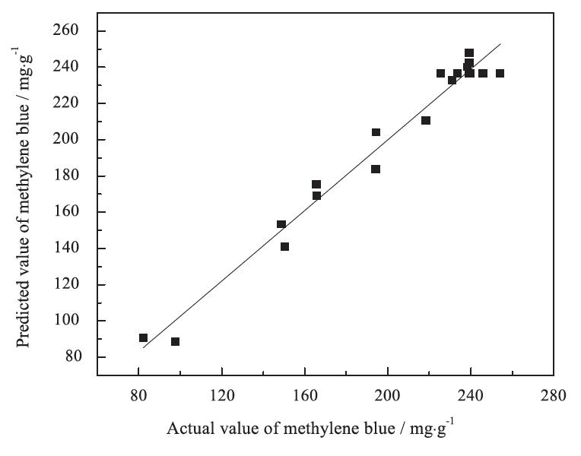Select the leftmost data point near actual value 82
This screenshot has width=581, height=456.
[x=143, y=338]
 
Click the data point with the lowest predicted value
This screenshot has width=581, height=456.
[x=175, y=342]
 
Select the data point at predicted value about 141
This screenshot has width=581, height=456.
[x=284, y=246]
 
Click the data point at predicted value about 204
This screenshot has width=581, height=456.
[x=376, y=132]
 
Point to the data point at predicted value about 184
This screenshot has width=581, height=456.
[x=376, y=169]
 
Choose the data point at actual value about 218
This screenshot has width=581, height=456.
[x=426, y=121]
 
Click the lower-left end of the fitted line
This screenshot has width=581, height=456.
[x=143, y=347]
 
